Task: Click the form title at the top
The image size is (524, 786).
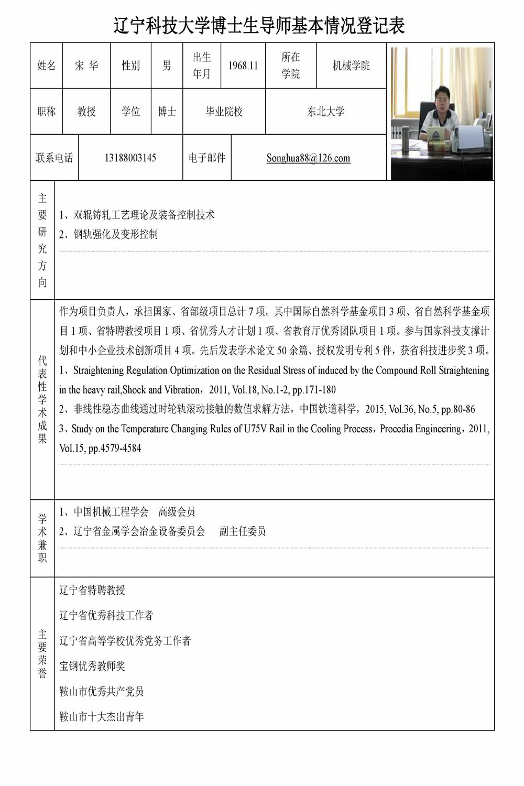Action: tap(259, 25)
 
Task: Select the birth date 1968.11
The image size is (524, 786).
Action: tap(243, 65)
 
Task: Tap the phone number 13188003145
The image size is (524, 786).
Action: tap(130, 158)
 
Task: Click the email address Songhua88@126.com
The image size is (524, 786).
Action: tap(308, 158)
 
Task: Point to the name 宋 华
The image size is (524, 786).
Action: tap(86, 65)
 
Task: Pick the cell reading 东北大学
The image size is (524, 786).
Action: tap(325, 112)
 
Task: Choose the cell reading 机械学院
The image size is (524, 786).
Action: tap(351, 65)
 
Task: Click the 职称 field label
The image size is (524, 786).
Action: tap(46, 112)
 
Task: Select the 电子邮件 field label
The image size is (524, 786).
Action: tap(207, 158)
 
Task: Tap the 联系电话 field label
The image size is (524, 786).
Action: tap(54, 158)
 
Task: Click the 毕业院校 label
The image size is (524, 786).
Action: tap(224, 112)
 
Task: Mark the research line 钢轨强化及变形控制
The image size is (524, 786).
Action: tap(115, 234)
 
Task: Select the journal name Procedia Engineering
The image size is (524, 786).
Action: tap(421, 429)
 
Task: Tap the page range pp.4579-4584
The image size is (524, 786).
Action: tap(115, 448)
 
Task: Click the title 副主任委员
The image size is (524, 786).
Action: tap(242, 531)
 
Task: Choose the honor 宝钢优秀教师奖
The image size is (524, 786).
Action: tap(92, 666)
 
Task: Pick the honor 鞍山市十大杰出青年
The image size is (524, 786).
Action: tap(102, 716)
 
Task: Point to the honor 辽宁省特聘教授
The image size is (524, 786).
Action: tap(92, 590)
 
